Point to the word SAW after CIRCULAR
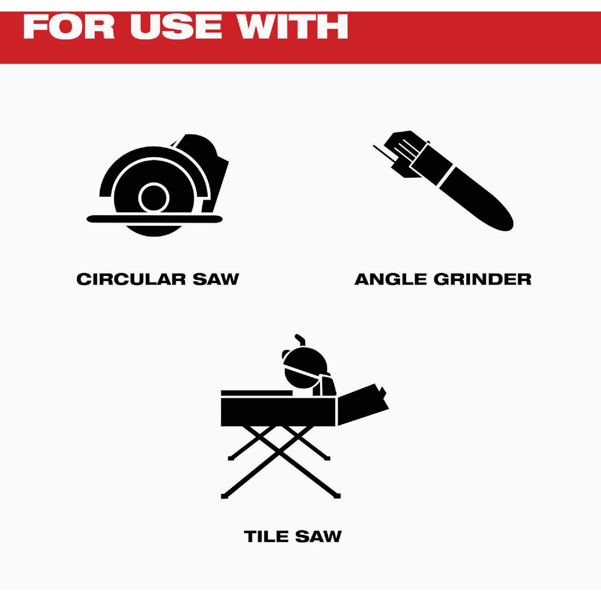(x=216, y=279)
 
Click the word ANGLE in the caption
(x=390, y=279)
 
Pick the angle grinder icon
(x=443, y=181)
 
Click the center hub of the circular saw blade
(x=154, y=198)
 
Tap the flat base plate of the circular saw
(x=155, y=219)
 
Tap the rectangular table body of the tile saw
(x=278, y=412)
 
